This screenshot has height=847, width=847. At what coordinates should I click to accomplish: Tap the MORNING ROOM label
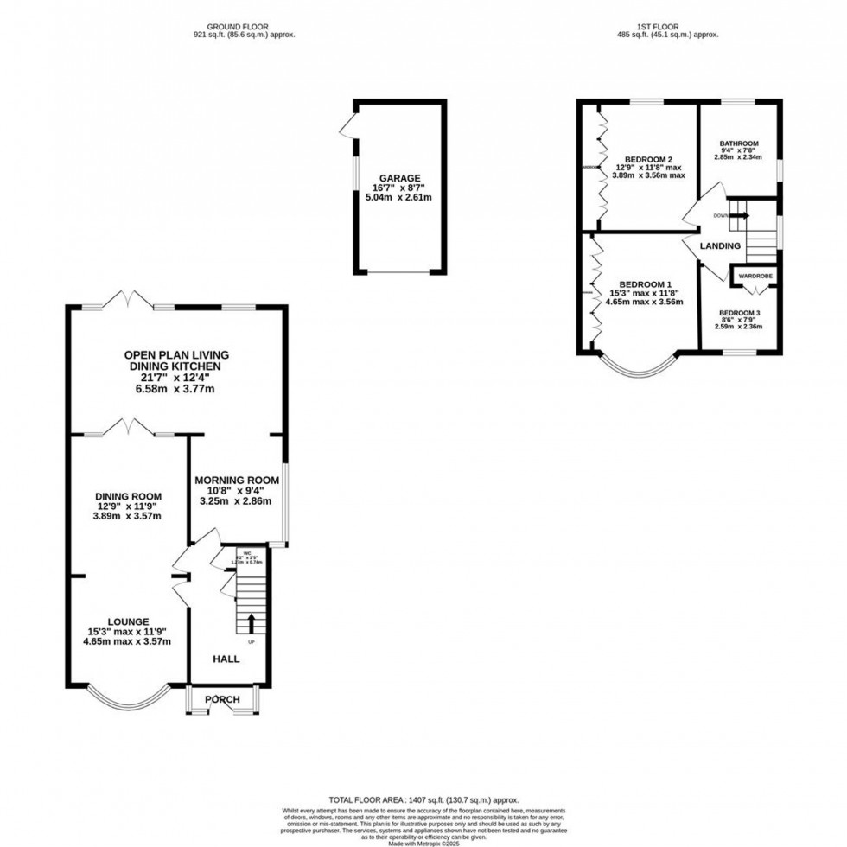236,480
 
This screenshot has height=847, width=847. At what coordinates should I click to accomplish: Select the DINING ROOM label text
128,495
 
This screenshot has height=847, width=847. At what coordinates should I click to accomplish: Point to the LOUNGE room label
128,621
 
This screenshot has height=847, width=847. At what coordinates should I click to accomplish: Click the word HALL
226,659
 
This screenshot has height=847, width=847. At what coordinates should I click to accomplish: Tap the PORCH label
222,699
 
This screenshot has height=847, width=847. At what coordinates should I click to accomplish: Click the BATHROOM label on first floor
740,143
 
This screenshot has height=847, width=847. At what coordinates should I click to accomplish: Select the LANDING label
720,246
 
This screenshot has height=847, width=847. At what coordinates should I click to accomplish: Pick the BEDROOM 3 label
740,312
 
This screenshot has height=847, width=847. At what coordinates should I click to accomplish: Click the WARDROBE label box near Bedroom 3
755,276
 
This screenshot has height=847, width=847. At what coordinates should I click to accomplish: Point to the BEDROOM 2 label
649,159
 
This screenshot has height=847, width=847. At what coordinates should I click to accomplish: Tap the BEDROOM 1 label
644,284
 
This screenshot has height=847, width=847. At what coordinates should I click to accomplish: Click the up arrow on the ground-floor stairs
252,622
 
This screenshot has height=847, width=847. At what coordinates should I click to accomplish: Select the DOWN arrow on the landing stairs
740,215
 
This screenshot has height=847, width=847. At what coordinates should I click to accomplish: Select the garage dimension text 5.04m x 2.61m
398,198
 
